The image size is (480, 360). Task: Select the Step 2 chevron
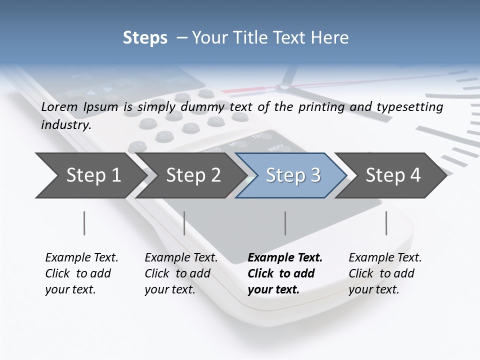pyautogui.click(x=190, y=175)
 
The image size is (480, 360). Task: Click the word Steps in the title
pyautogui.click(x=145, y=38)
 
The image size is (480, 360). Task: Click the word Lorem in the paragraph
pyautogui.click(x=58, y=106)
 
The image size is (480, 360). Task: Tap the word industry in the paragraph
pyautogui.click(x=65, y=125)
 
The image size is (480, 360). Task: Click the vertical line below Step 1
pyautogui.click(x=84, y=223)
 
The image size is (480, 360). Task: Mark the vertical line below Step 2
pyautogui.click(x=184, y=223)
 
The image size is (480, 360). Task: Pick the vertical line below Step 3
pyautogui.click(x=285, y=223)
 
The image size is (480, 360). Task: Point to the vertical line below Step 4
pyautogui.click(x=386, y=223)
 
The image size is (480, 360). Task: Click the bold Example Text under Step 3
pyautogui.click(x=285, y=258)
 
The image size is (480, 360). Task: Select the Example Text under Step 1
pyautogui.click(x=81, y=258)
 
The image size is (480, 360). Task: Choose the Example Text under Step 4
pyautogui.click(x=385, y=258)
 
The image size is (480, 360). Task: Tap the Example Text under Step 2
pyautogui.click(x=181, y=258)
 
